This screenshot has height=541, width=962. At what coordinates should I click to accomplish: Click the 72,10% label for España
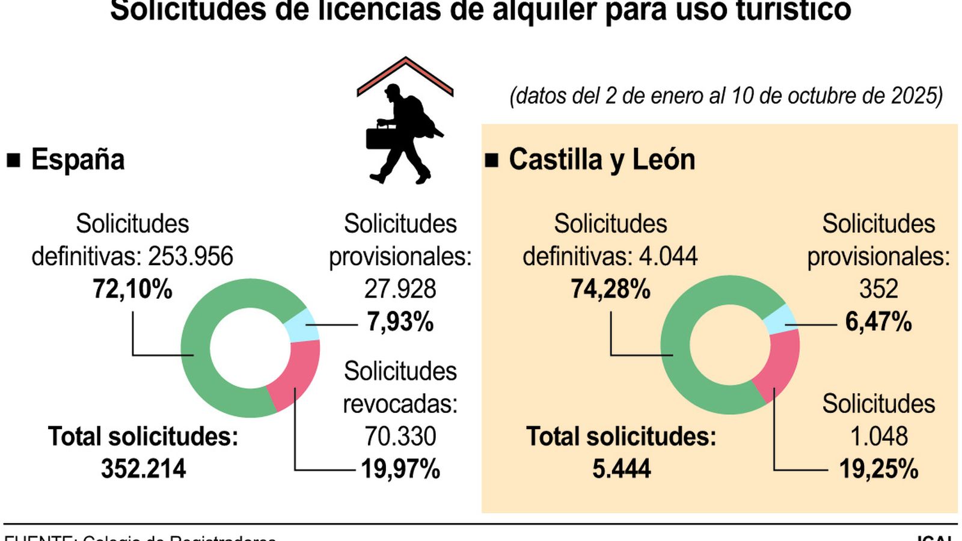132,289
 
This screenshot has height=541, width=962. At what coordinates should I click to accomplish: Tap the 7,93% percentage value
400,322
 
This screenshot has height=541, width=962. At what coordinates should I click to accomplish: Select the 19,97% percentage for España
400,469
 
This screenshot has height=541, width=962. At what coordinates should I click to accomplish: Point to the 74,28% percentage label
610,289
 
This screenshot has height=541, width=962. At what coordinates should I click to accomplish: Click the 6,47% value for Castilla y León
878,322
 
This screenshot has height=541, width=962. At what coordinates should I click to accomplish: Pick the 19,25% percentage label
878,469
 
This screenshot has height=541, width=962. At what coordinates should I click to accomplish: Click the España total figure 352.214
143,469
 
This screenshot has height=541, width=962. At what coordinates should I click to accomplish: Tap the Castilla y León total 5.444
621,469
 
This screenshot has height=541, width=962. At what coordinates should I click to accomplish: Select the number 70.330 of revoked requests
400,436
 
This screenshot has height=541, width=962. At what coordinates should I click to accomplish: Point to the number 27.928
400,289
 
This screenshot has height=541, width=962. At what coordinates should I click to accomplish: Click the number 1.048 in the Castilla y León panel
878,436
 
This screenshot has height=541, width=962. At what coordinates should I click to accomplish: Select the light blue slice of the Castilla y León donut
780,319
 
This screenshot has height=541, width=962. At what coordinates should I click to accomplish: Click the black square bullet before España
13,160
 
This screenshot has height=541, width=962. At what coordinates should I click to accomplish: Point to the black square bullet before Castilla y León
491,160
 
